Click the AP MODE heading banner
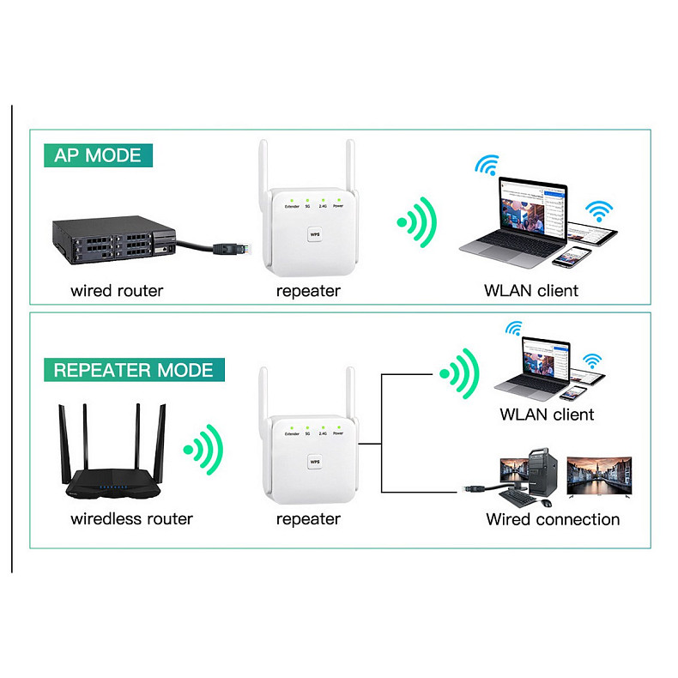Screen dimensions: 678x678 pyautogui.click(x=97, y=155)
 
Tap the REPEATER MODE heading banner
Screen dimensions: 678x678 pyautogui.click(x=133, y=370)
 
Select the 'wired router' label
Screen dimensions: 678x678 pyautogui.click(x=117, y=290)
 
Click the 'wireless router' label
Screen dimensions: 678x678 pyautogui.click(x=131, y=518)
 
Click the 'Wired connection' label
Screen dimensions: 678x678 pyautogui.click(x=553, y=518)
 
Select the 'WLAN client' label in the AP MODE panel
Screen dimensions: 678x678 pyautogui.click(x=531, y=290)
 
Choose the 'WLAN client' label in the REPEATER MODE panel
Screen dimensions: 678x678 pyautogui.click(x=547, y=415)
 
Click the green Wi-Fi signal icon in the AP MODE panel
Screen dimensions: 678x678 pyautogui.click(x=418, y=224)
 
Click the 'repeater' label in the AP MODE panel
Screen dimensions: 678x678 pyautogui.click(x=308, y=290)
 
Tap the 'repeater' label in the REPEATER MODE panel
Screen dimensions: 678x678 pyautogui.click(x=308, y=518)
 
